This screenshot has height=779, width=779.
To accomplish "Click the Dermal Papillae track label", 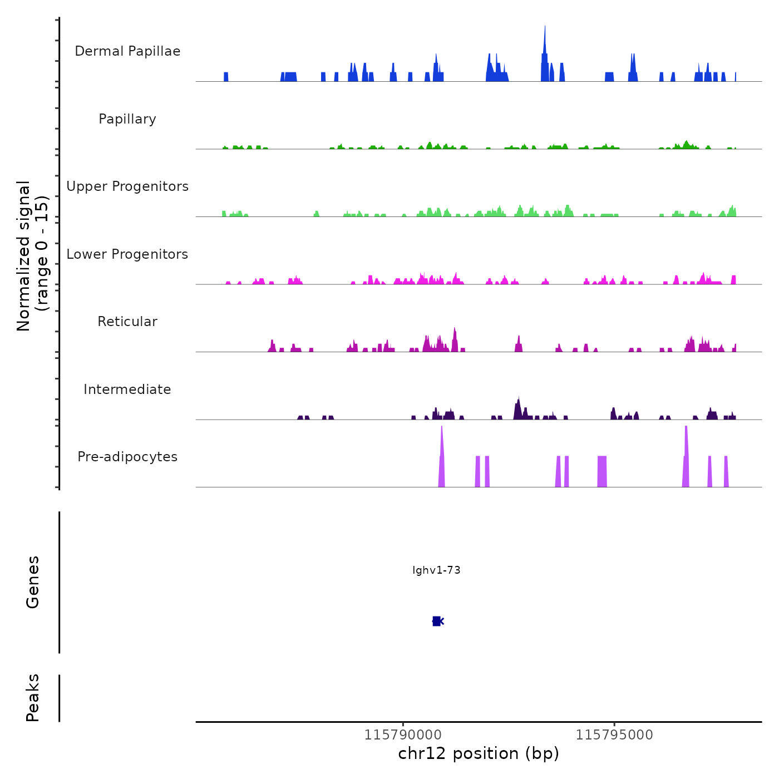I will (127, 51).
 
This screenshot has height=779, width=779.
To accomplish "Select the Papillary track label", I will (127, 119).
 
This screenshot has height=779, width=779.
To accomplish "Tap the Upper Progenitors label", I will (127, 186).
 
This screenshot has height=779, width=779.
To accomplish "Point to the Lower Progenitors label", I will (127, 254).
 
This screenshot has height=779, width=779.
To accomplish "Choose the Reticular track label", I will (127, 322).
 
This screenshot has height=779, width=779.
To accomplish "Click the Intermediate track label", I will (127, 389).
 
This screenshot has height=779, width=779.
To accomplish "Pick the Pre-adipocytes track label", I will (127, 457).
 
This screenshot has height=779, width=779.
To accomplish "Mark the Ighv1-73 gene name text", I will (436, 570).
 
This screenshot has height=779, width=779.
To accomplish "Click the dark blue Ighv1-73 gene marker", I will (437, 621).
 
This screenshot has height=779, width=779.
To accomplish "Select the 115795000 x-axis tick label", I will (614, 735).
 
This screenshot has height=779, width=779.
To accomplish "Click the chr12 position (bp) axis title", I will (479, 753).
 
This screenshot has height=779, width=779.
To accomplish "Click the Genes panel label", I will (33, 582).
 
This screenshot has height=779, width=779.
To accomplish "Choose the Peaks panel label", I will (33, 698).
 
